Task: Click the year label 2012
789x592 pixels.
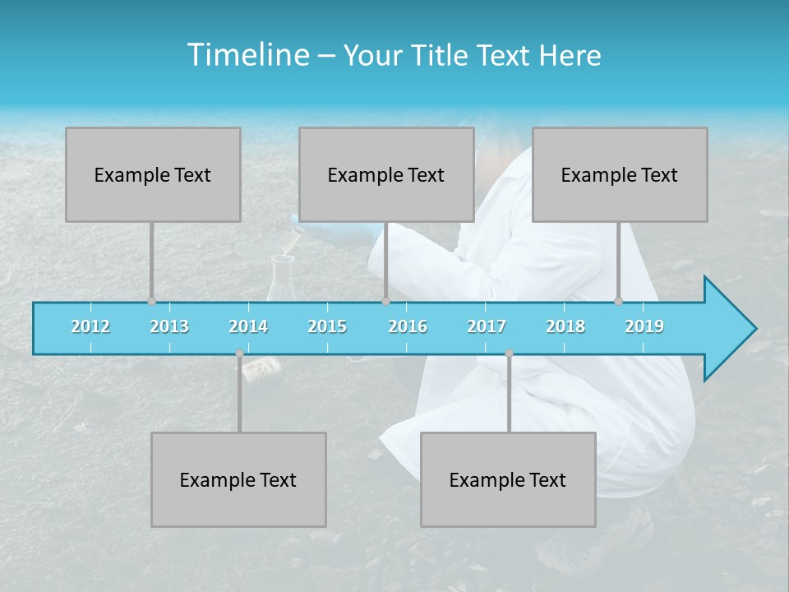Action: point(90,326)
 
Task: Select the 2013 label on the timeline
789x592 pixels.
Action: point(169,326)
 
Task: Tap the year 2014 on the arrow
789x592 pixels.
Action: point(248,326)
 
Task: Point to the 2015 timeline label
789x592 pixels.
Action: point(327,326)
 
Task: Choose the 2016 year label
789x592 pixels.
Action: point(408,326)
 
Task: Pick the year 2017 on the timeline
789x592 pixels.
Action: point(487,326)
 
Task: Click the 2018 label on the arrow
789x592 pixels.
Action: point(565,326)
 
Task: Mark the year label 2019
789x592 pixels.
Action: point(644,326)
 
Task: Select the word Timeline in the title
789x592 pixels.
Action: point(247,55)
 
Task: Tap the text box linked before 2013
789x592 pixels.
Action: point(153,174)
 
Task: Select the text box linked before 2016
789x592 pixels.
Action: point(386,174)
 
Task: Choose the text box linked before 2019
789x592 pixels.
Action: point(620,174)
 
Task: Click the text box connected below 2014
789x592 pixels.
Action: point(238,479)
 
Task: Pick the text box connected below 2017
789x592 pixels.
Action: point(508,479)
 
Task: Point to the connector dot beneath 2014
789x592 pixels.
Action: point(239,354)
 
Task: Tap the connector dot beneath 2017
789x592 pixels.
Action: point(509,354)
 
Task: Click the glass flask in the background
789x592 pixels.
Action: point(280,280)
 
